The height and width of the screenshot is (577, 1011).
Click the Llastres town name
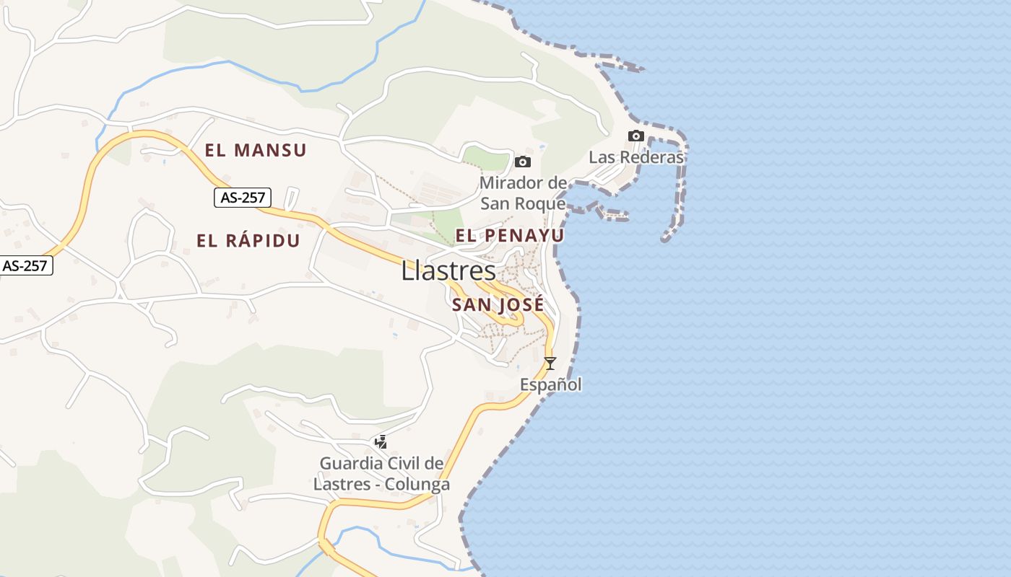(x=448, y=271)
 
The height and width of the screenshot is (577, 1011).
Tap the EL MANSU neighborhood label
(x=256, y=150)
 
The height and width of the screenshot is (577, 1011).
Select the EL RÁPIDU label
(x=248, y=241)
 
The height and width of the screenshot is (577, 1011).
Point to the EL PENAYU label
(x=509, y=235)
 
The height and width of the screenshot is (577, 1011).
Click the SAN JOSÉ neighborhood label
(x=498, y=304)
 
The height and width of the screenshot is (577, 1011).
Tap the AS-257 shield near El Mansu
(x=242, y=197)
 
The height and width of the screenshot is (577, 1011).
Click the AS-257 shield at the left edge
(x=25, y=265)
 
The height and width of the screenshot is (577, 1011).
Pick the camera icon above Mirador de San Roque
(x=523, y=162)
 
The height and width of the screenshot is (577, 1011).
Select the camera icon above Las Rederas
(x=635, y=136)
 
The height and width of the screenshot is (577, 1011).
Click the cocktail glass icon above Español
(x=550, y=364)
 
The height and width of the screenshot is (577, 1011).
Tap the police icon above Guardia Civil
(x=381, y=441)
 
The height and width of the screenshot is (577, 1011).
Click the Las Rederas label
(x=635, y=157)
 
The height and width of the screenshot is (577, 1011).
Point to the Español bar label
(x=551, y=385)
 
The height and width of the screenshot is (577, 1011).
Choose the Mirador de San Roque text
(x=523, y=193)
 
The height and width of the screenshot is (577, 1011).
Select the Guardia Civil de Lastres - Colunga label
(x=381, y=473)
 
